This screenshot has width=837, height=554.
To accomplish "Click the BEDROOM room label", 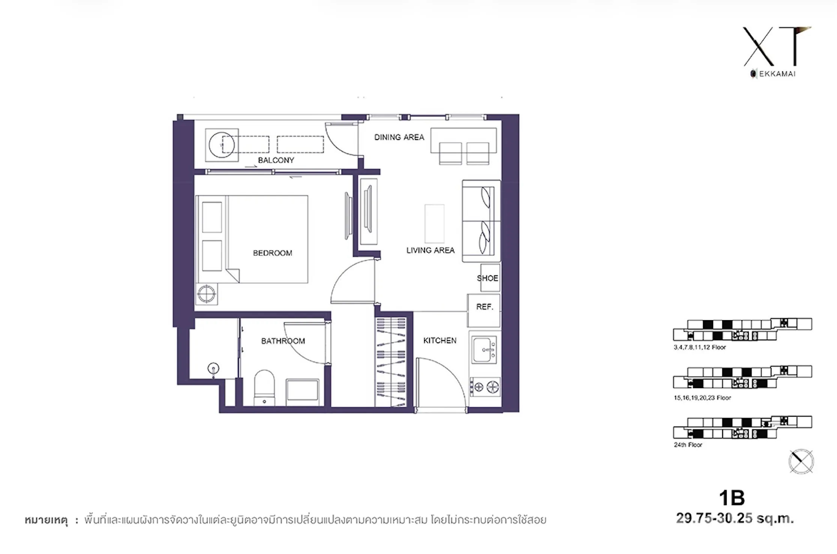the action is [x=272, y=253].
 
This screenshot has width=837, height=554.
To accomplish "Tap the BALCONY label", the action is [x=276, y=160].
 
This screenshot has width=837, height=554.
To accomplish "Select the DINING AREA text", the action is [x=399, y=137].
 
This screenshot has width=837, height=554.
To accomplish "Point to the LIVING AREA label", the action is [x=431, y=250].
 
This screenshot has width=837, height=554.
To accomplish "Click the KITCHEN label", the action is [x=440, y=340].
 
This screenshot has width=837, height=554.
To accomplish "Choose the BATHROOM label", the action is [x=283, y=341].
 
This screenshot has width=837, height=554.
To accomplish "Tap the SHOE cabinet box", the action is [x=490, y=278].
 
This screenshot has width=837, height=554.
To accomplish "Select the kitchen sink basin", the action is [x=484, y=350].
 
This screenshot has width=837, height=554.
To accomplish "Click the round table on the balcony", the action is [x=221, y=145].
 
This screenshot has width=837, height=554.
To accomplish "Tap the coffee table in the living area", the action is [x=434, y=224].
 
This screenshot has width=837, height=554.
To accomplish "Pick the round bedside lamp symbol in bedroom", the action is [x=206, y=294].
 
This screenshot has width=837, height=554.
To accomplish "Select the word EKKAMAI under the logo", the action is [x=777, y=74].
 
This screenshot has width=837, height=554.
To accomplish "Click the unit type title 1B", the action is [x=732, y=498].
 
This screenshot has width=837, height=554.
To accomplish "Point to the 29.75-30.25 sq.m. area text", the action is [x=735, y=518].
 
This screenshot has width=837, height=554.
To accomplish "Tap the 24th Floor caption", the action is [x=688, y=445].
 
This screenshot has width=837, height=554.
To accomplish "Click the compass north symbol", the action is [x=801, y=461].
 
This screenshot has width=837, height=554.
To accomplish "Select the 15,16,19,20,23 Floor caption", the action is [x=702, y=398].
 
